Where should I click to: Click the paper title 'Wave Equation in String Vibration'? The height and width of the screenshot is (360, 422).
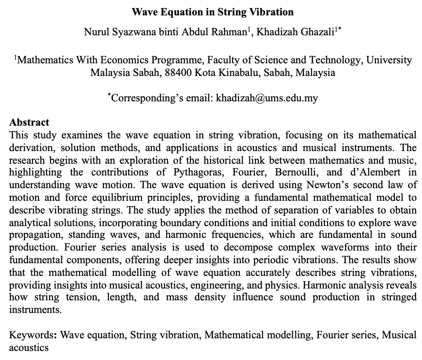tap(212, 12)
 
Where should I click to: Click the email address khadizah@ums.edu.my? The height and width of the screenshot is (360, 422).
tap(267, 98)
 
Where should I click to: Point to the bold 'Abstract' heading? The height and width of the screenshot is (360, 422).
tap(29, 123)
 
